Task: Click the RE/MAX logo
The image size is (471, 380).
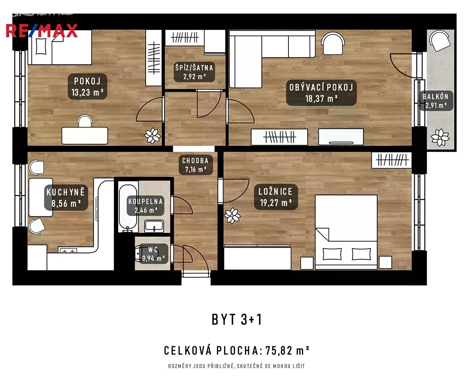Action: (x=42, y=31)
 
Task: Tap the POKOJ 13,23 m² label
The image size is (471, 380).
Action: (x=88, y=86)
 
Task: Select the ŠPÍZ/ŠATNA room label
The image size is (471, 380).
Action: (x=194, y=72)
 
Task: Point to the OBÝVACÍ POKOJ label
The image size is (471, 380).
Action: (x=321, y=93)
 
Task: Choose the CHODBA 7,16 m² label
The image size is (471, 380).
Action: (x=195, y=165)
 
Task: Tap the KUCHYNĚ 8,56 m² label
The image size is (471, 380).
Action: (x=66, y=198)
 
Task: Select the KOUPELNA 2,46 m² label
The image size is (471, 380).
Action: (x=146, y=205)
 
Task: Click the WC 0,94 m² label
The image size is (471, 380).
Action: (x=153, y=254)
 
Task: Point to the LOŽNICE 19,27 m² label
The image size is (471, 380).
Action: (x=276, y=196)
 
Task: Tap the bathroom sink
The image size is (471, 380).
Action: (x=154, y=226)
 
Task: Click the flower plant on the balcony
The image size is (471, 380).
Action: (x=440, y=138)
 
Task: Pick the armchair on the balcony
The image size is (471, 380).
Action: (x=440, y=41)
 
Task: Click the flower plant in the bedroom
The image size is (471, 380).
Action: (x=232, y=215)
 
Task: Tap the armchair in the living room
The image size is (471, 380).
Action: (x=333, y=43)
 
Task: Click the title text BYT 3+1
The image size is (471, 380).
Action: (x=237, y=320)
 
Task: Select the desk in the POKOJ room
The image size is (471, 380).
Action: (x=85, y=136)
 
